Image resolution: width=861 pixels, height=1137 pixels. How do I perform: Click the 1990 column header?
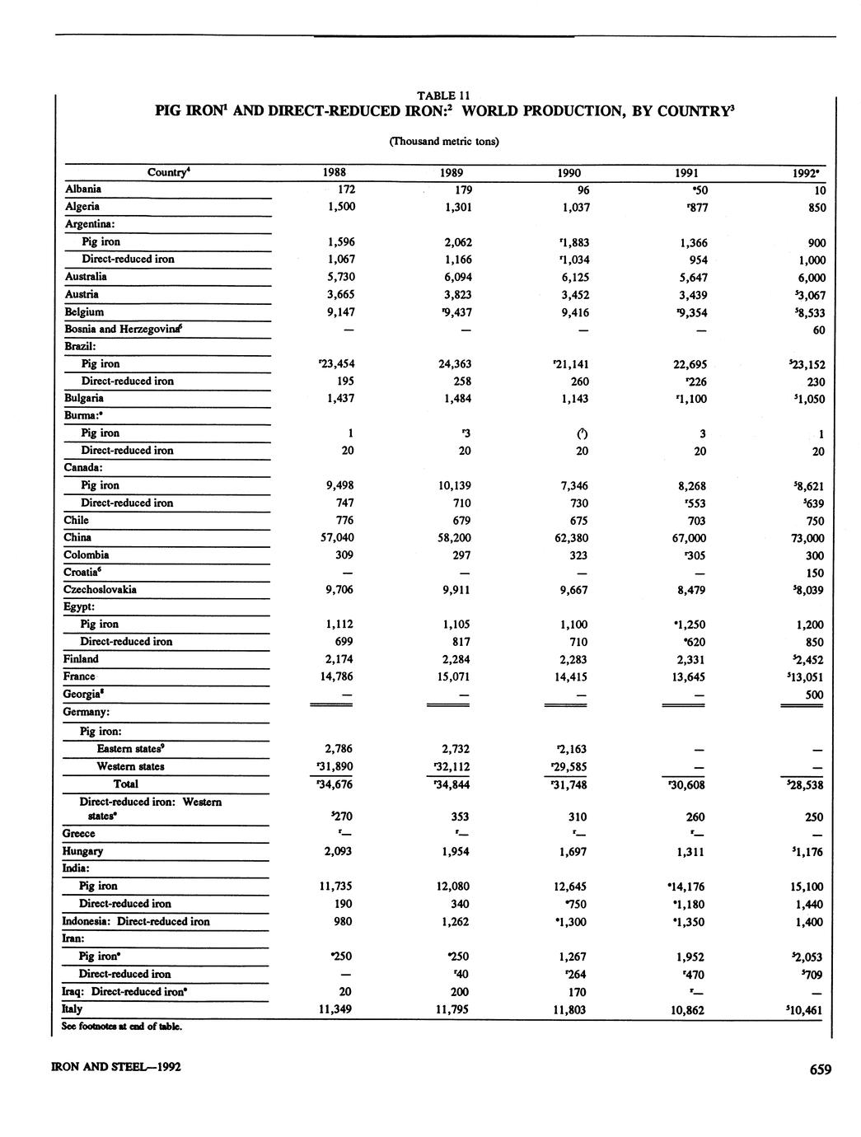pos(569,173)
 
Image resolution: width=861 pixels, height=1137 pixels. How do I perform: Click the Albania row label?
pos(83,189)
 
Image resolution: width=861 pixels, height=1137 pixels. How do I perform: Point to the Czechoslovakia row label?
pos(101,590)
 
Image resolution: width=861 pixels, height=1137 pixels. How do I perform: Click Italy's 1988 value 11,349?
pos(335,1009)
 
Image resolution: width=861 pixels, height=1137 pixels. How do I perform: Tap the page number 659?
pos(820,1069)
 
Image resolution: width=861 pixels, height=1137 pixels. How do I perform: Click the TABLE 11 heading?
pos(443,95)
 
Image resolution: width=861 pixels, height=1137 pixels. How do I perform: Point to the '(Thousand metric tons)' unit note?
pos(443,141)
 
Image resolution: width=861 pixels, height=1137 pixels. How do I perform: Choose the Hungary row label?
pos(83,851)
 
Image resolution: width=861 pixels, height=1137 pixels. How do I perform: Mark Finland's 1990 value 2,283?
pos(574,660)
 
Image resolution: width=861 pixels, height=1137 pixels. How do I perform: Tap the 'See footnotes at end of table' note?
pos(121,1027)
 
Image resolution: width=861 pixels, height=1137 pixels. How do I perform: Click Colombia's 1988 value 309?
pos(341,555)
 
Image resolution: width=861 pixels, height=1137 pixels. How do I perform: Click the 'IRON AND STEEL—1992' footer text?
pos(116,1068)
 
